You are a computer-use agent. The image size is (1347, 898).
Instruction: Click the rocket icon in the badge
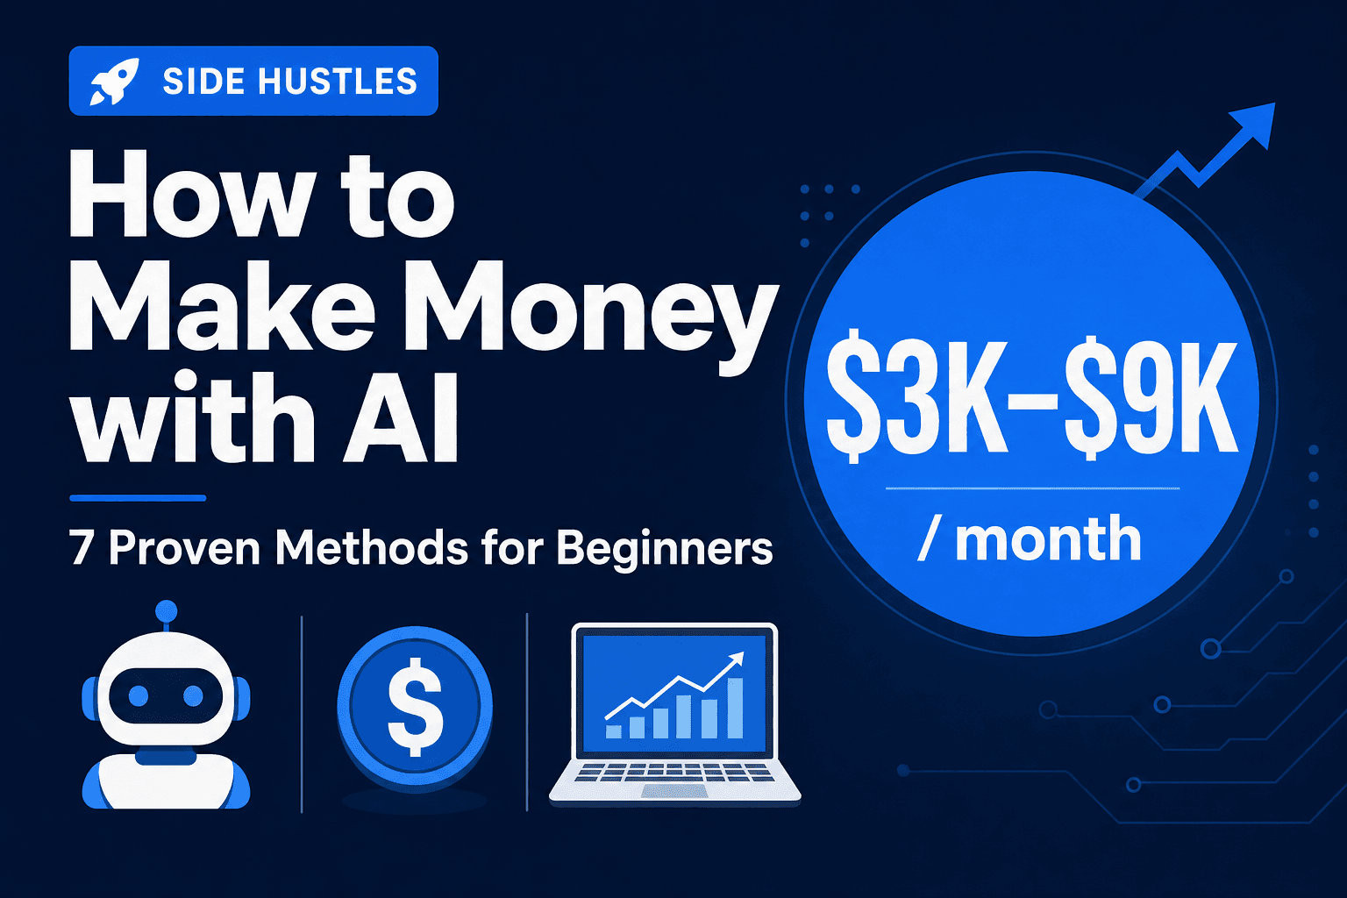(114, 82)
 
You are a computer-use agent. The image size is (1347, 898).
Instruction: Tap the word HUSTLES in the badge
(338, 82)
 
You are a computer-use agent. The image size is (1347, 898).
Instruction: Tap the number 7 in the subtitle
(82, 548)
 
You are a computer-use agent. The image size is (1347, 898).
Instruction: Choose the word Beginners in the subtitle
(665, 550)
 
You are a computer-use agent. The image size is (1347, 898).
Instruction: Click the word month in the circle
(1048, 538)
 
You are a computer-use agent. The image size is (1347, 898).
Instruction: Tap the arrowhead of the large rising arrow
(1256, 123)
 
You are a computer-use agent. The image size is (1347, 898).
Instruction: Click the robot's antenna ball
(166, 610)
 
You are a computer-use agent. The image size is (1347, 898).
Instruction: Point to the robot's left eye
(138, 696)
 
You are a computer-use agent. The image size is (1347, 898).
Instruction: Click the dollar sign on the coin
(415, 707)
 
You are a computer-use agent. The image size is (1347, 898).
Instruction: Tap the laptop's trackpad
(674, 791)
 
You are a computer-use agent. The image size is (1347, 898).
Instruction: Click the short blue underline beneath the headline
(137, 498)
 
